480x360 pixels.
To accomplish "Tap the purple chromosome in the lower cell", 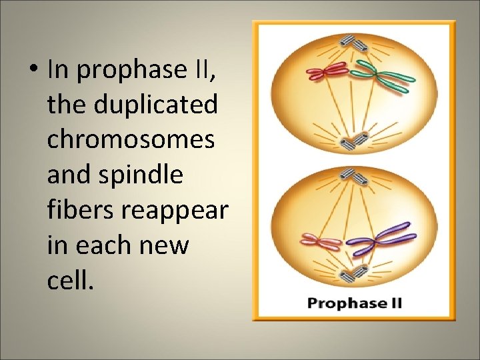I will click(380, 237).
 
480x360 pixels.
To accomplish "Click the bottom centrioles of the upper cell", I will click(354, 141).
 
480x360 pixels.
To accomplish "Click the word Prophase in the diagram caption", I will click(340, 303).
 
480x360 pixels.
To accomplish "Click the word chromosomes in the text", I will click(131, 139).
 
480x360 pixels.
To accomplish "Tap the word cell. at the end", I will click(68, 280).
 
